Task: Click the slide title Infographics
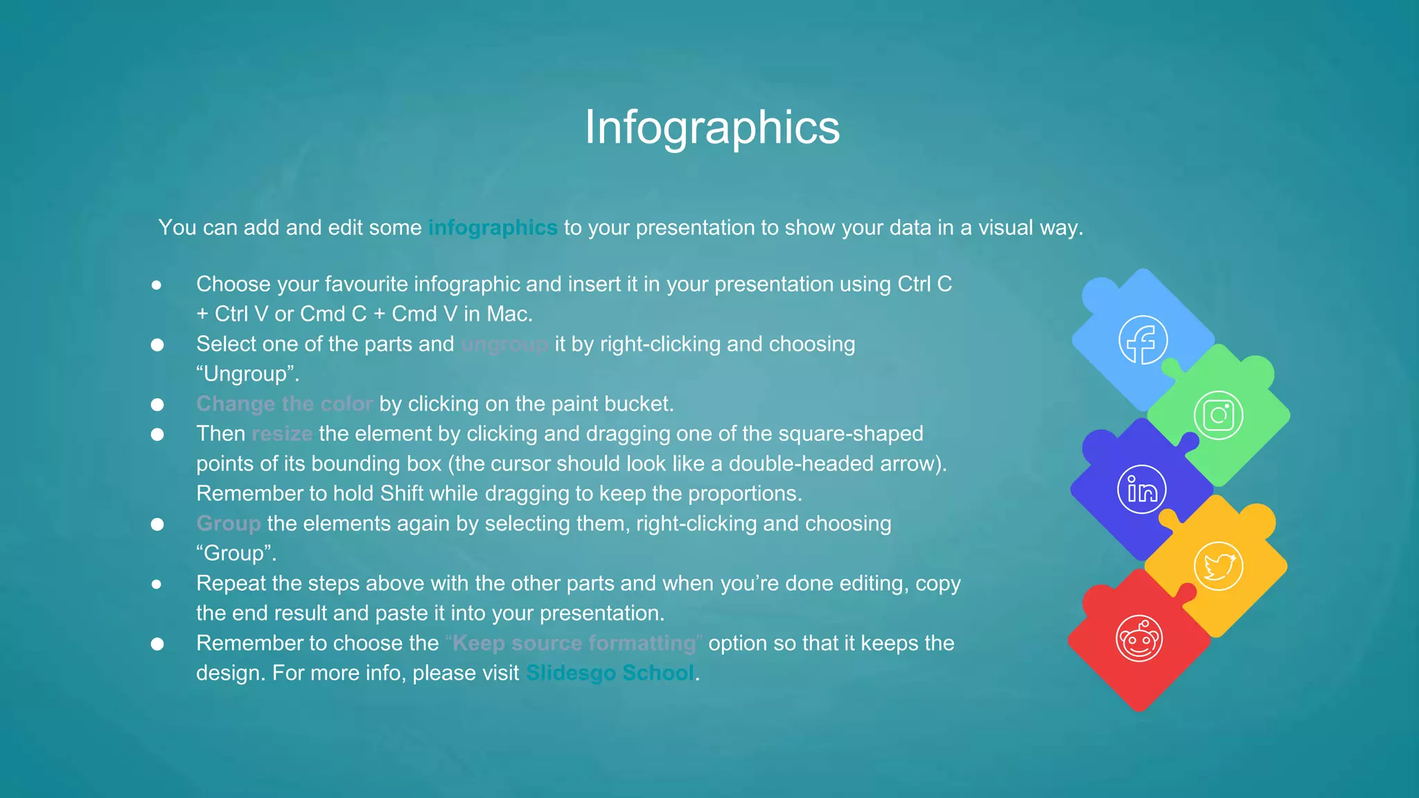712,127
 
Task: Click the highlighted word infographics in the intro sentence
492,227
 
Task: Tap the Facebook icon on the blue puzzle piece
1143,340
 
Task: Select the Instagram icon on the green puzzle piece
1218,416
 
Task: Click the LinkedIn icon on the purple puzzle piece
1142,490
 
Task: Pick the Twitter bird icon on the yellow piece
1218,566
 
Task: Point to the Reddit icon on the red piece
1139,639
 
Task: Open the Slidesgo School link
610,673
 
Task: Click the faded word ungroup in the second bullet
504,344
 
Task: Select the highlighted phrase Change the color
284,404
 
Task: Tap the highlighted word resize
282,434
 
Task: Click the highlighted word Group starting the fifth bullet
229,523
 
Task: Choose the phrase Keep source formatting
574,643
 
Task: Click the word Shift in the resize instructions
401,493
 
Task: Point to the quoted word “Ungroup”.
247,374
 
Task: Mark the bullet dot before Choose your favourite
157,285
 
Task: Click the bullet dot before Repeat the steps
157,584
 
